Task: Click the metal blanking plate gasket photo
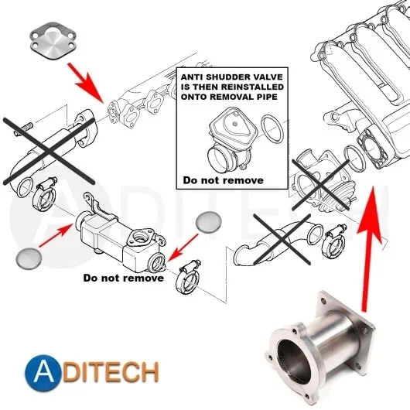[53, 41]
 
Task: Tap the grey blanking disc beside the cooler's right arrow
[208, 222]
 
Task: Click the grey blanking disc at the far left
[29, 258]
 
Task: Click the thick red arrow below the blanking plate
[86, 82]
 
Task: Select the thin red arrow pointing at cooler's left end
[56, 235]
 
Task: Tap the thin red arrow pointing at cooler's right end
[183, 248]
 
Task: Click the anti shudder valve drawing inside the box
[231, 141]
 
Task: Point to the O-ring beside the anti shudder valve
[272, 129]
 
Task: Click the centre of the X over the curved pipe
[282, 239]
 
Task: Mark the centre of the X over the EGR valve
[320, 185]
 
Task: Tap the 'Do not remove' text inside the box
[223, 180]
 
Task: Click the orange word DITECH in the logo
[111, 372]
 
